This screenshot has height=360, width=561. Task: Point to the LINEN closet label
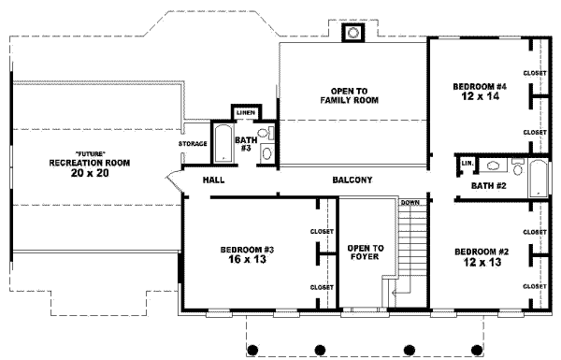(245, 112)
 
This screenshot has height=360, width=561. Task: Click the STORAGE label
(193, 144)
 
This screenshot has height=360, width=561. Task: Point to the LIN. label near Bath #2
(467, 163)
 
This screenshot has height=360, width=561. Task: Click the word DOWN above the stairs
(410, 202)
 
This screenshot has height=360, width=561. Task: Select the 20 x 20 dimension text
(90, 172)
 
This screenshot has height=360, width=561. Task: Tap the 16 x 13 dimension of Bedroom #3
(246, 260)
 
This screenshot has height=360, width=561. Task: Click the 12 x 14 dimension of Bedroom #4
(479, 96)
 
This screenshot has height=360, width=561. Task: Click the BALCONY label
(352, 180)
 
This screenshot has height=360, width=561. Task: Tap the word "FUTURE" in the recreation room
(90, 153)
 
